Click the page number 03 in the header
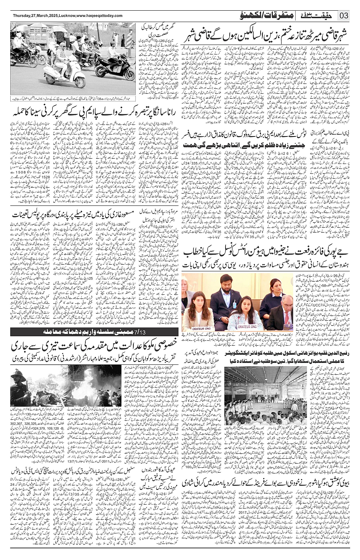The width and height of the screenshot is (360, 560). click(x=344, y=16)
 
